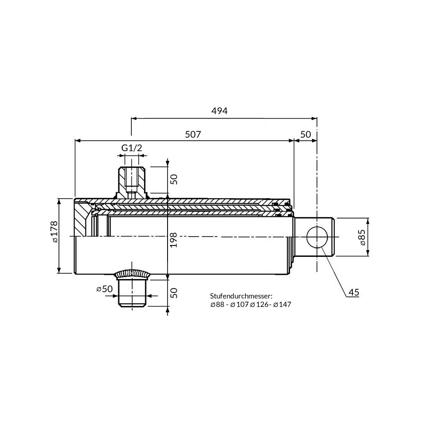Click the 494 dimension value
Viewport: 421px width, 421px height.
click(219, 111)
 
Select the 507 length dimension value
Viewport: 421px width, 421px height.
click(193, 134)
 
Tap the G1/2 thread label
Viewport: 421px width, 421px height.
click(131, 148)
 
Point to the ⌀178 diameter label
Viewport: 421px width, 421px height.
click(54, 232)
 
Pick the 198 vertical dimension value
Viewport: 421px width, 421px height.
click(174, 240)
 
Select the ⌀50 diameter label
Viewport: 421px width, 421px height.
click(104, 289)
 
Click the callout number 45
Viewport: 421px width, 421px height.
click(354, 292)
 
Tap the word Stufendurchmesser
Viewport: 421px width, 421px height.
click(241, 296)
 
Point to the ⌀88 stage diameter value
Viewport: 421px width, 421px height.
click(217, 305)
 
